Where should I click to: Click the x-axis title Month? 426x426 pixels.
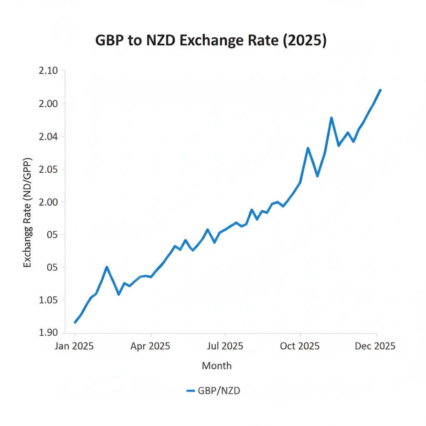pyautogui.click(x=216, y=366)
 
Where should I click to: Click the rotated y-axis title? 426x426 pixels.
pyautogui.click(x=27, y=212)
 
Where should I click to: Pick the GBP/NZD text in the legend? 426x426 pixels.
pyautogui.click(x=219, y=391)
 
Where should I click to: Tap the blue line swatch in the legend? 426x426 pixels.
pyautogui.click(x=191, y=391)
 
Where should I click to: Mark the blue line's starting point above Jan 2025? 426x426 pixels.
pyautogui.click(x=75, y=322)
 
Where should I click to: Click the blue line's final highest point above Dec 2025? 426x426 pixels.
pyautogui.click(x=380, y=90)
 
